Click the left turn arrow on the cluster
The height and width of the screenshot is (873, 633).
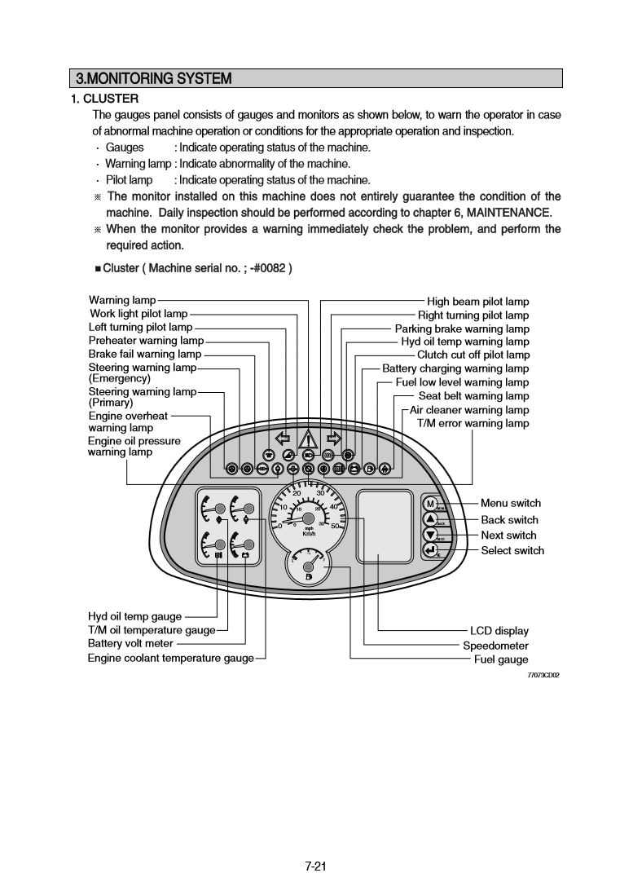click(x=284, y=439)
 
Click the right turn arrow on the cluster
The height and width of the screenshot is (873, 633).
click(x=333, y=439)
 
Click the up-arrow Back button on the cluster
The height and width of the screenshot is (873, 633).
click(x=430, y=519)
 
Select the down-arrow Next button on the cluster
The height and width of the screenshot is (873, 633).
click(x=430, y=535)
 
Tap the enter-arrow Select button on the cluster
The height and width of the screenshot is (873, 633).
click(x=430, y=550)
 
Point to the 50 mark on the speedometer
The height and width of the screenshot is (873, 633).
click(x=336, y=526)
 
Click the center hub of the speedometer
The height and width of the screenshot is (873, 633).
click(x=308, y=518)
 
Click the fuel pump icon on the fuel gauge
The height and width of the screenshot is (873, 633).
click(x=308, y=577)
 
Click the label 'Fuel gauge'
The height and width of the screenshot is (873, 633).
click(x=501, y=659)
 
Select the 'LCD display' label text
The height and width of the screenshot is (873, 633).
click(x=499, y=631)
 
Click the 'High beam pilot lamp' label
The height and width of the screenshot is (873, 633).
click(x=477, y=302)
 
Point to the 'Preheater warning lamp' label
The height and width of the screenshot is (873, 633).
click(x=146, y=341)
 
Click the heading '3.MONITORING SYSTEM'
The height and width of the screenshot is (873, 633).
click(x=154, y=79)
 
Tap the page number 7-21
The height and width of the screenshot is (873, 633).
click(x=316, y=843)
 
